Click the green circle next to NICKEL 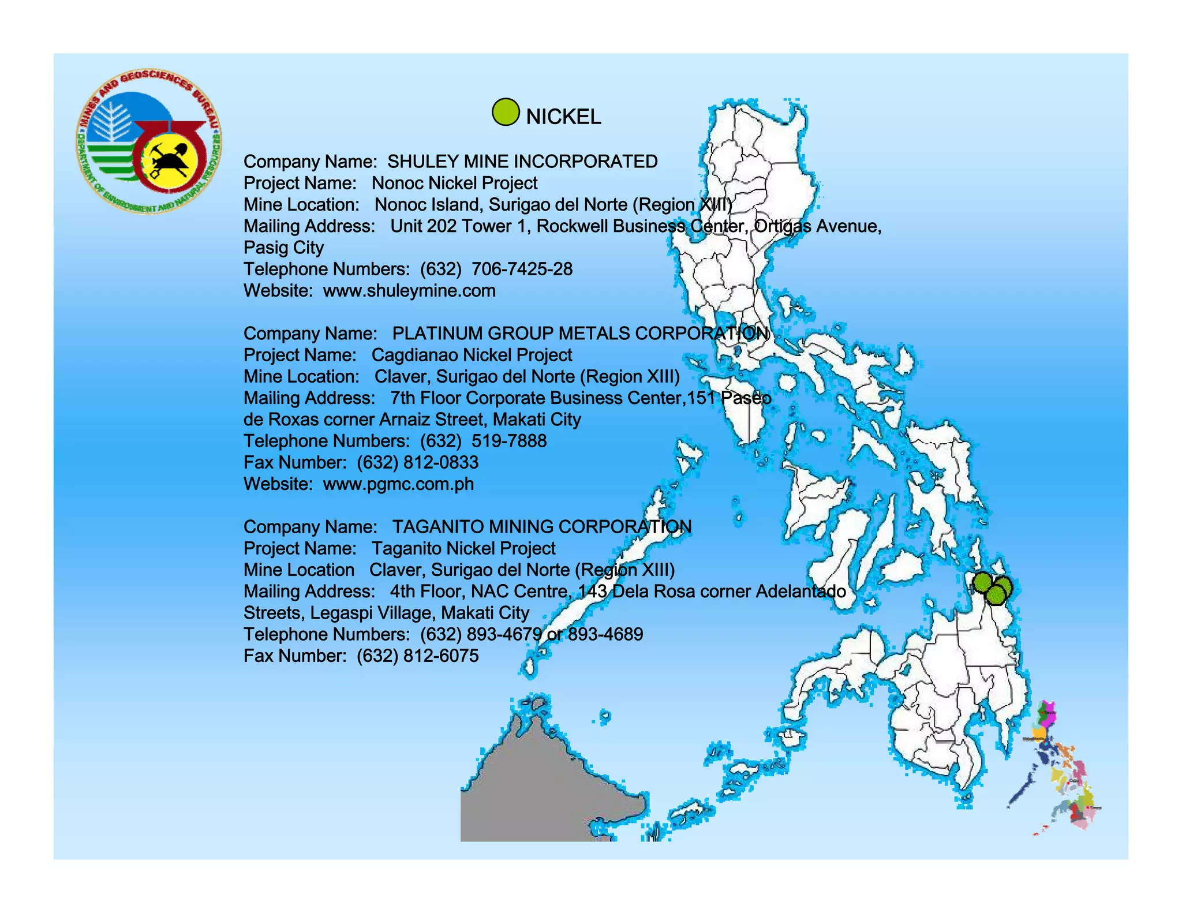coord(506,112)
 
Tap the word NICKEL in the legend coord(563,117)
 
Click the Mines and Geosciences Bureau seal coord(148,143)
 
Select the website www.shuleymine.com coord(409,290)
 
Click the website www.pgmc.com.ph coord(398,484)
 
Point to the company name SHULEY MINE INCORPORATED coord(522,162)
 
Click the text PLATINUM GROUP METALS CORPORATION coord(580,334)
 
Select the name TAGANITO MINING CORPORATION coord(541,527)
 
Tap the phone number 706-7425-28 coord(522,269)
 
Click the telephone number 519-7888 coord(508,441)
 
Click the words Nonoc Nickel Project coord(454,183)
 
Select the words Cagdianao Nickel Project coord(472,355)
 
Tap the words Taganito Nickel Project coord(463,548)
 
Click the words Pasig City coord(283,248)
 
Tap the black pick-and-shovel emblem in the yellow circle coord(169,161)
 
